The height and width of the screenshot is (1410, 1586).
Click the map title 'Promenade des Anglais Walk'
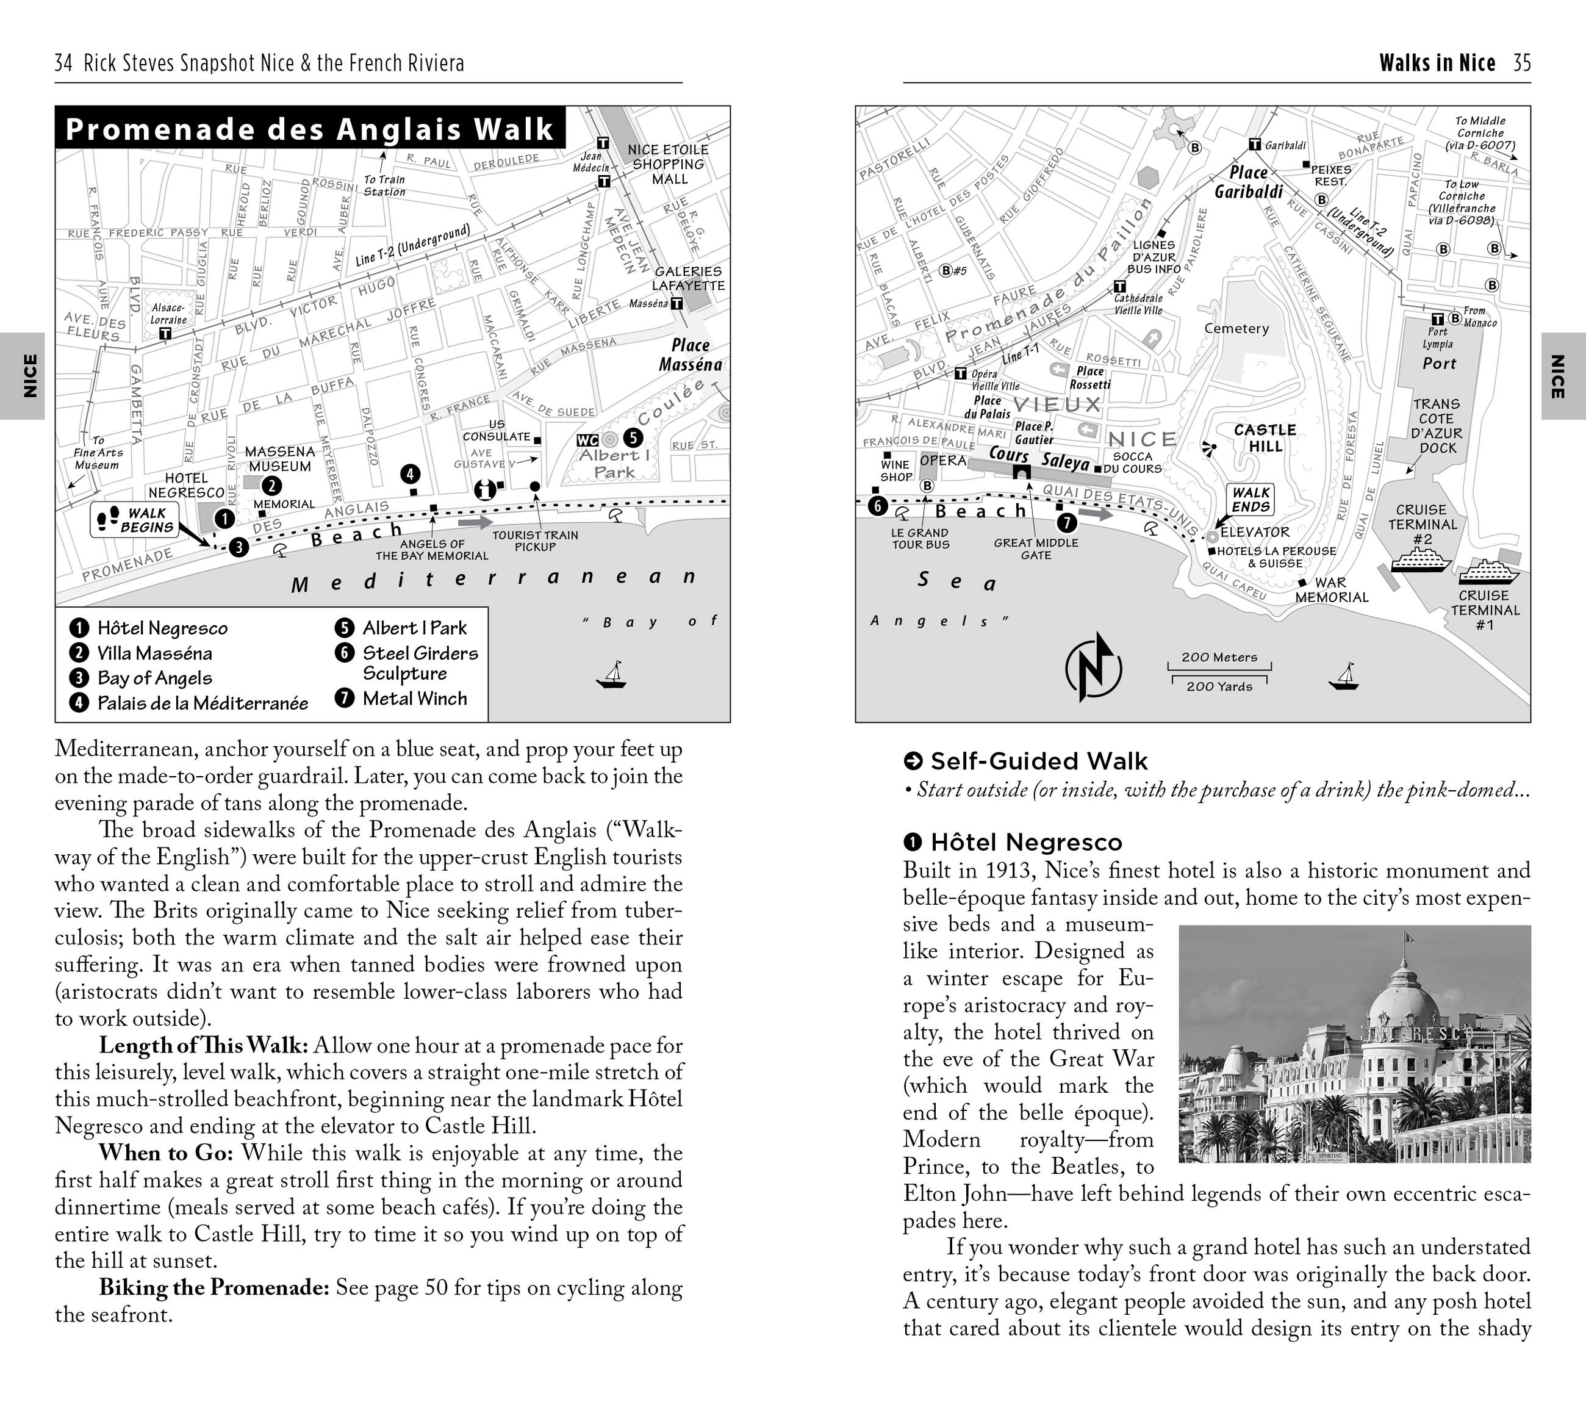(x=310, y=129)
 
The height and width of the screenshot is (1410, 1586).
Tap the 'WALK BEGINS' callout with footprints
(x=135, y=520)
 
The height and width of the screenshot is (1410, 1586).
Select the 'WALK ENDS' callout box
(x=1250, y=500)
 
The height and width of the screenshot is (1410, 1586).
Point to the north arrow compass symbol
(x=1093, y=667)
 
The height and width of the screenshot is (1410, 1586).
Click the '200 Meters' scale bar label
(x=1219, y=657)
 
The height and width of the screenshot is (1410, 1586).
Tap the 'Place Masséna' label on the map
(x=690, y=354)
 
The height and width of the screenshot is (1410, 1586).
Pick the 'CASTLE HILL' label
(x=1265, y=437)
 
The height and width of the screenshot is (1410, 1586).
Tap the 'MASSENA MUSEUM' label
(x=279, y=459)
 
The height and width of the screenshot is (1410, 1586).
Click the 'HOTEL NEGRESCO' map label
(x=186, y=485)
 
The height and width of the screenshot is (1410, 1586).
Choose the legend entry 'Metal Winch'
(x=414, y=699)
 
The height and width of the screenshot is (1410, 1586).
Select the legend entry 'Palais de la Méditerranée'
(x=202, y=703)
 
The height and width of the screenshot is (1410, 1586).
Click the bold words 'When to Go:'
(x=166, y=1153)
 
